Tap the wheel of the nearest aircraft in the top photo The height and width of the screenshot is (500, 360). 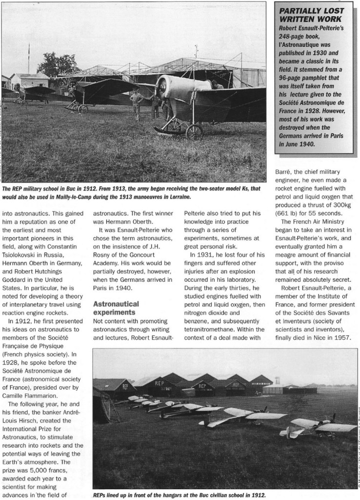coord(194,132)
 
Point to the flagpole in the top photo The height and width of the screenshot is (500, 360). coord(29,59)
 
